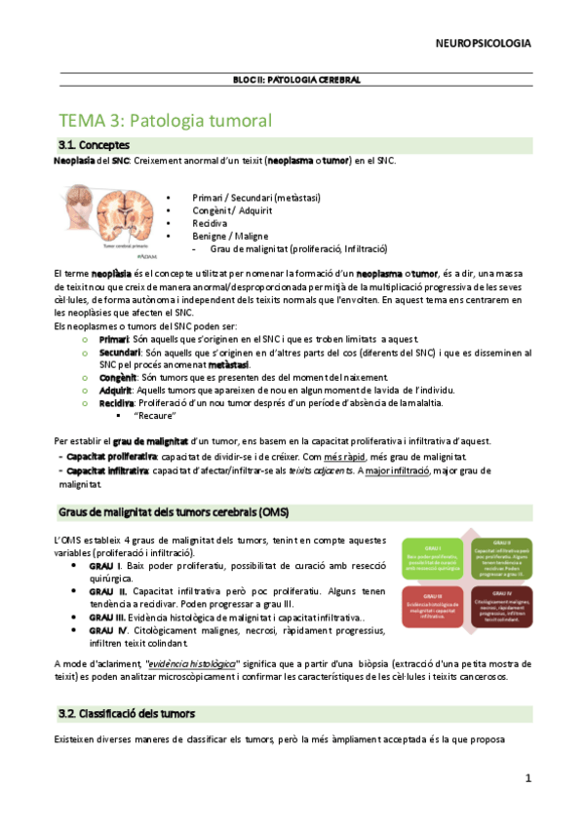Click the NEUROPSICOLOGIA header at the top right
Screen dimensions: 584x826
pos(484,43)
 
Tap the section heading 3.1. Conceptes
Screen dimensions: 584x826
pos(95,145)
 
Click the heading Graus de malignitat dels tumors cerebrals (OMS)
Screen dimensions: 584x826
pos(173,512)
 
